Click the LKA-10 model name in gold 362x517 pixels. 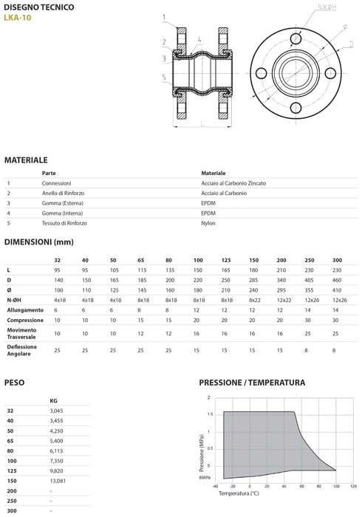[18, 18]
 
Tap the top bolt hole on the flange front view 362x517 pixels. [296, 38]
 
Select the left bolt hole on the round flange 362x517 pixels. [261, 73]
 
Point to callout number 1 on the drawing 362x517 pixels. [164, 17]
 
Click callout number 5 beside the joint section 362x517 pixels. [164, 78]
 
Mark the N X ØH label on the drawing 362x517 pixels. [327, 7]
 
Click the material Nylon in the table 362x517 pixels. [208, 223]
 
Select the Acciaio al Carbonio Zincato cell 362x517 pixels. [233, 183]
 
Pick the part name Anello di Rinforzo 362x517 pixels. [63, 194]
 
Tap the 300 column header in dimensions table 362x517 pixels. [337, 260]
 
